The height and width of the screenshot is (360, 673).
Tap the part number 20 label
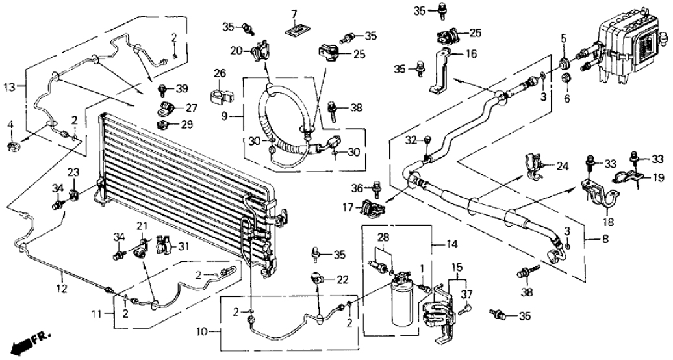pos(238,51)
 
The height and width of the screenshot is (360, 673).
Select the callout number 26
pos(219,73)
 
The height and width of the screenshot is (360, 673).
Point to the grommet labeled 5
pos(564,64)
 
